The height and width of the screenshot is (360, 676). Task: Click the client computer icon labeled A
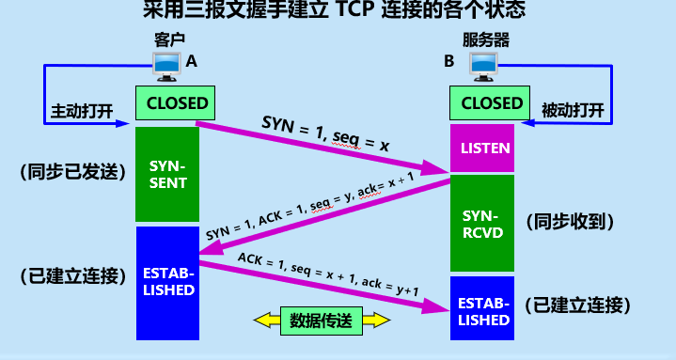point(166,67)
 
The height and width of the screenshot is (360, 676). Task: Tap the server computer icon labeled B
point(483,67)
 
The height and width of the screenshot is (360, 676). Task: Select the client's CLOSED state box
point(175,103)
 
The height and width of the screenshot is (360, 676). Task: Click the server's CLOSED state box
point(490,103)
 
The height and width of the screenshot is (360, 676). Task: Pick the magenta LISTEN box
point(482,148)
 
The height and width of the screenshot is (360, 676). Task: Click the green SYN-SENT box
point(167,174)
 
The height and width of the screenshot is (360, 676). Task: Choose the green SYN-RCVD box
point(482,223)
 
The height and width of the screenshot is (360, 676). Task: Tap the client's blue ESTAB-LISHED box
point(167,283)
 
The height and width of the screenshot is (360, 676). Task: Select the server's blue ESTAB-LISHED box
point(482,308)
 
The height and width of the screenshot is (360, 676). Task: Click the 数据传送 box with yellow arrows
point(322,321)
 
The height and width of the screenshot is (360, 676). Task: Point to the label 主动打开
point(82,111)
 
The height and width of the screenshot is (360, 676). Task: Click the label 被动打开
point(573,111)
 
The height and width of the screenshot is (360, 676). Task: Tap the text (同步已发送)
point(72,172)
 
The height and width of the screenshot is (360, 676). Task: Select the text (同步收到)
point(570,222)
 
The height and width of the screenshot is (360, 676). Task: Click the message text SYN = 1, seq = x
point(325,134)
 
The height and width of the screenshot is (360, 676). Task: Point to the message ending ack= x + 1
point(310,206)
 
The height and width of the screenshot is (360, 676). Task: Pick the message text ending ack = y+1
point(328,274)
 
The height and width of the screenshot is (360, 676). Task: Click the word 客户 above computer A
point(169,40)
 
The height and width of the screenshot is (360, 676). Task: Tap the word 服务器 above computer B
point(486,40)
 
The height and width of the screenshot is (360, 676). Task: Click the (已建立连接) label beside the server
point(577,305)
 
